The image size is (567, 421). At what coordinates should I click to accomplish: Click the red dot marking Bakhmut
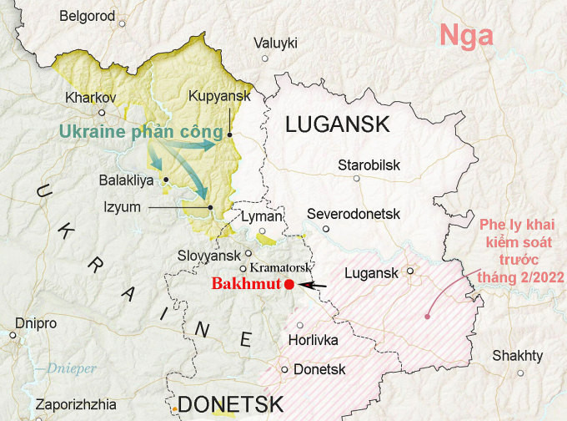point(289,285)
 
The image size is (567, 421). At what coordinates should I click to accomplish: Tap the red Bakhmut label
point(246,285)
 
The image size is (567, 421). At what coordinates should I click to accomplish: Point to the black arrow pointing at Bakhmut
point(313,286)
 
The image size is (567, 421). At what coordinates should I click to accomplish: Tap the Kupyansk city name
point(220,97)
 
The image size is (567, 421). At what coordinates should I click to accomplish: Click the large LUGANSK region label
point(337,125)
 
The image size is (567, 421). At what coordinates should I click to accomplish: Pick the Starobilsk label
point(369,165)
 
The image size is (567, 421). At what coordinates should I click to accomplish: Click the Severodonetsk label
point(354,214)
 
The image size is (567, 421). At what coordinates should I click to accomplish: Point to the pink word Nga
point(466,37)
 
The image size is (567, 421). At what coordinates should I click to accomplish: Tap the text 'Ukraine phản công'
point(141,132)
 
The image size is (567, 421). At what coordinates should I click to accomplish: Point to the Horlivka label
point(313,340)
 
